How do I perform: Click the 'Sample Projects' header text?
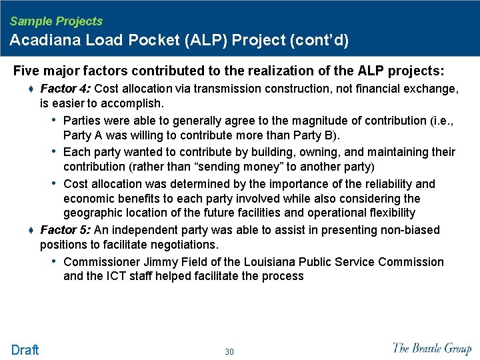pos(56,21)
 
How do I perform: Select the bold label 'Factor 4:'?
pos(66,89)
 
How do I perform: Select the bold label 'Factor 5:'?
pos(66,230)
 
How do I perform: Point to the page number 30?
pos(229,351)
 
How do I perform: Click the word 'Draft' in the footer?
pos(25,350)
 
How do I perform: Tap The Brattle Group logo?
pos(431,348)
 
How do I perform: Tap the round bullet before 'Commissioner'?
pos(54,261)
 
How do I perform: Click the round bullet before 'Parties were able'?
pos(54,120)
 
